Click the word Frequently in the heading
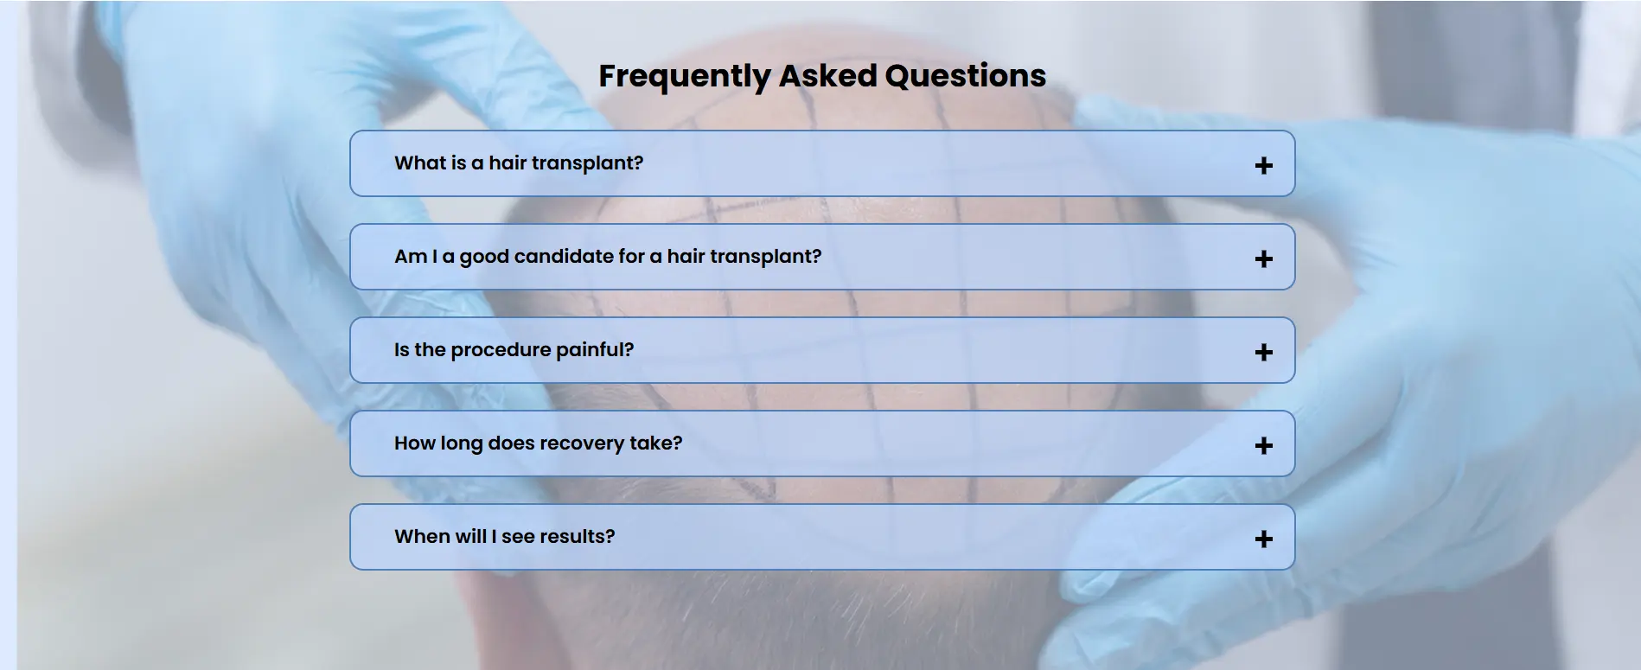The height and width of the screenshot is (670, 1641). point(684,77)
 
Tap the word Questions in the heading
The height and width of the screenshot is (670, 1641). point(966,76)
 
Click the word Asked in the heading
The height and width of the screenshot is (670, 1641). point(827,75)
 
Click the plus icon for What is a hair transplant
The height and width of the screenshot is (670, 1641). point(1263,165)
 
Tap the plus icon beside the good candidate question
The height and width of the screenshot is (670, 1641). point(1263,258)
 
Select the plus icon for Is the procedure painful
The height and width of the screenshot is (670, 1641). point(1263,352)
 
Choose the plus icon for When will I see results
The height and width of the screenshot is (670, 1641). point(1263,539)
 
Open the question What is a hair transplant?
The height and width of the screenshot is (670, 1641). point(519,163)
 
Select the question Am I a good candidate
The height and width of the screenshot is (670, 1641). point(608,257)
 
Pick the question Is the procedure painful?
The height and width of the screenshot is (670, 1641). point(514,350)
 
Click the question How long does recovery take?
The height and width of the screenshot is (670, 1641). point(538,443)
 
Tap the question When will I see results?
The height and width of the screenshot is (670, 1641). point(504,536)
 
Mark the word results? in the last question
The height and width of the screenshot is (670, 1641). point(577,536)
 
